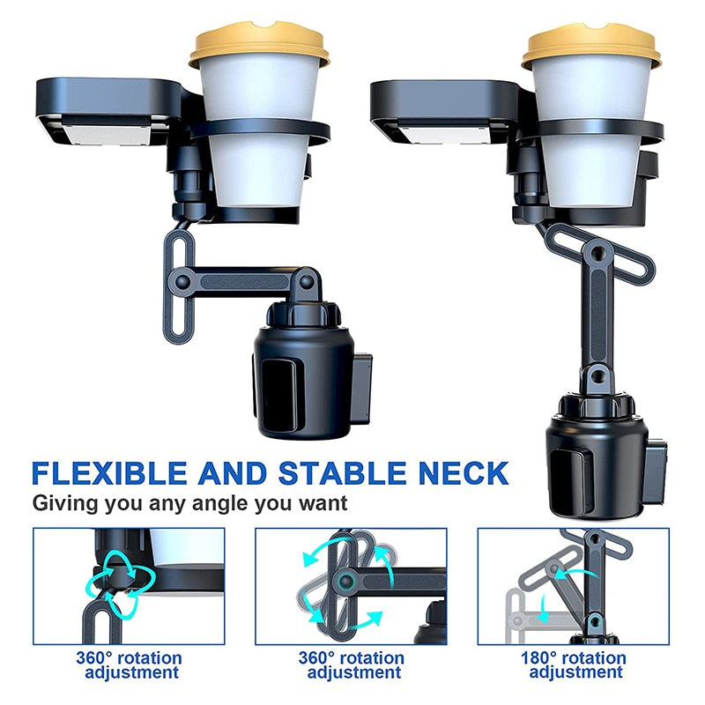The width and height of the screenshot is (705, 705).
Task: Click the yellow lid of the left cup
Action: [x=259, y=44]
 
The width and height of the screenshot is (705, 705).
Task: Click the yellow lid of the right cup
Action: [x=591, y=47]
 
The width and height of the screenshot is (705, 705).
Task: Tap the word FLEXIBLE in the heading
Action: [x=109, y=473]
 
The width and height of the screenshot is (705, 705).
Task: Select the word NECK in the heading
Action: [x=464, y=473]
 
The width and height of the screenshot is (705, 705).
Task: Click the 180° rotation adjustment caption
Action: [x=574, y=665]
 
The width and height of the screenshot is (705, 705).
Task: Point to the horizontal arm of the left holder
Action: [x=244, y=282]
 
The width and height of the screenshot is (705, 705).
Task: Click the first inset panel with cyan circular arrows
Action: [x=129, y=586]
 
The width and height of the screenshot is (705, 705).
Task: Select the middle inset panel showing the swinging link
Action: [x=351, y=586]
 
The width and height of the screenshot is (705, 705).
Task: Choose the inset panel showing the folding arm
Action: [x=574, y=586]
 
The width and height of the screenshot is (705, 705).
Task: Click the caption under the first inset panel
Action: [x=130, y=665]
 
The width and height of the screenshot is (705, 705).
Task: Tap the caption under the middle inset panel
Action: [x=352, y=665]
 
